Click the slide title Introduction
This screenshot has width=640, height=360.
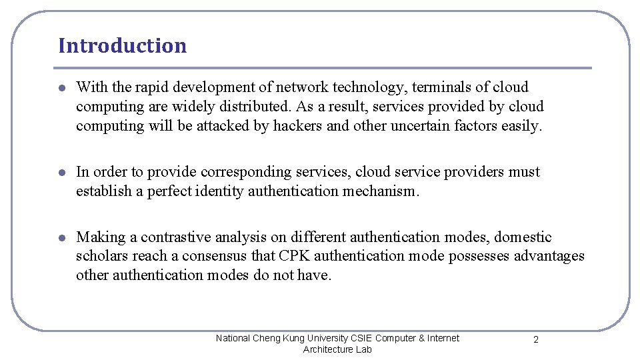point(122,45)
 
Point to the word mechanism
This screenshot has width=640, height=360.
point(380,191)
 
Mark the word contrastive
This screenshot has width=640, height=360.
point(175,237)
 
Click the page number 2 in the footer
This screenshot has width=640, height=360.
point(536,340)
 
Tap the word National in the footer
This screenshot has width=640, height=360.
point(233,338)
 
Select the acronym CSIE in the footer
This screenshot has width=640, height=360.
point(360,338)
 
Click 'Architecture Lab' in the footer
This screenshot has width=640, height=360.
point(337,349)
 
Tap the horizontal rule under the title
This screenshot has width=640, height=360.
point(325,67)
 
